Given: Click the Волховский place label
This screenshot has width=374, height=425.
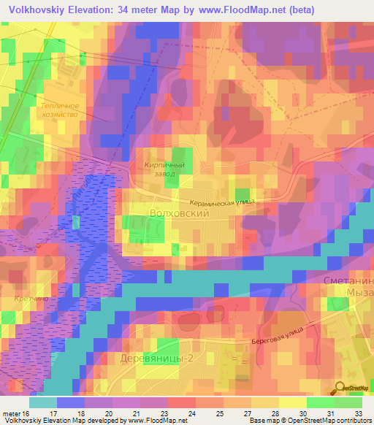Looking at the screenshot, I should click(179, 214).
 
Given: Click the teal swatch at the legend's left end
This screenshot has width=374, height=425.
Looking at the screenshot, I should click(42, 402).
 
